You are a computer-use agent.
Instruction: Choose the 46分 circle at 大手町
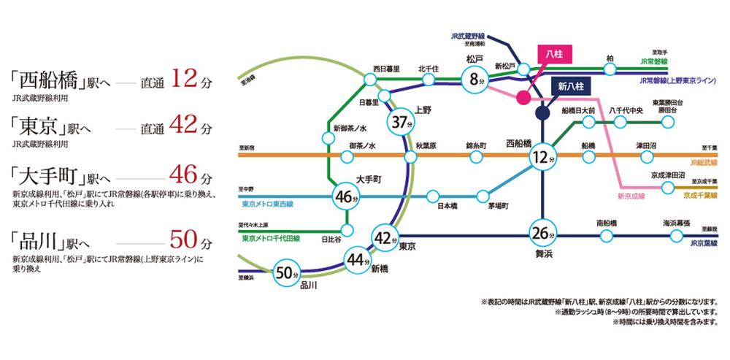(x=346, y=196)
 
